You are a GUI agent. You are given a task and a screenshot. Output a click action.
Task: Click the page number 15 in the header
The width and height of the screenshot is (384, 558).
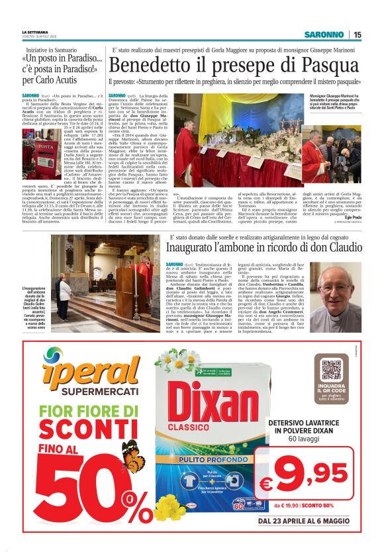[x=357, y=35]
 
